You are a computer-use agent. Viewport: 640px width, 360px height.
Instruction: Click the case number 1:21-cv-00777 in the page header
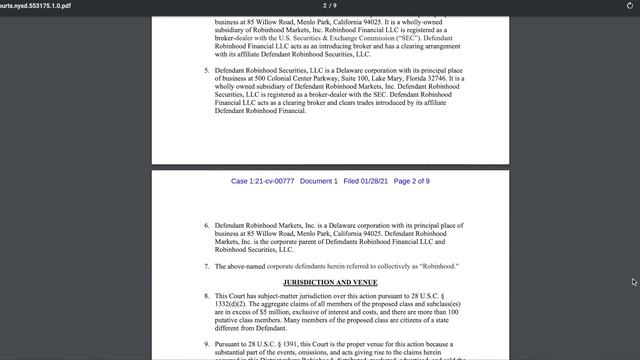262,181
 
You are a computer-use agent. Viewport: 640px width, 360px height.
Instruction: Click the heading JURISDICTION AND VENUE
330,282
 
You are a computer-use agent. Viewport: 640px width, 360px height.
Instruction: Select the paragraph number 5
206,71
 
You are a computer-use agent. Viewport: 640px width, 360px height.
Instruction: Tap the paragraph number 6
206,226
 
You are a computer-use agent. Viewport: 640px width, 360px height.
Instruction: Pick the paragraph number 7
206,267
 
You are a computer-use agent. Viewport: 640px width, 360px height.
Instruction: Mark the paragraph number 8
206,297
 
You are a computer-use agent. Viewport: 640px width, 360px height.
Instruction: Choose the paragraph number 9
206,343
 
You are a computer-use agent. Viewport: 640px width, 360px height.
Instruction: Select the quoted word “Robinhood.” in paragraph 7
435,267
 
